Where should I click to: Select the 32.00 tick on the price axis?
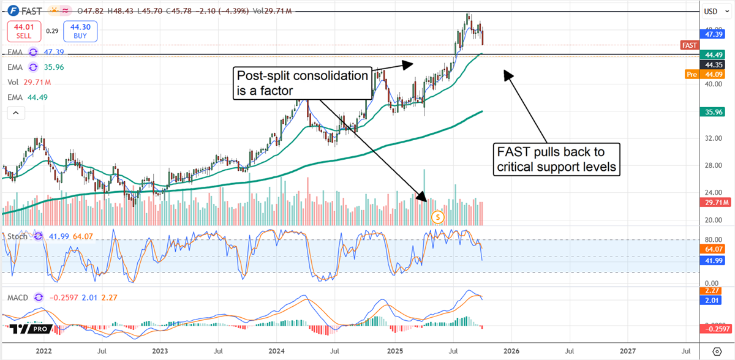pos(710,138)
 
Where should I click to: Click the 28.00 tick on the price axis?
pos(710,166)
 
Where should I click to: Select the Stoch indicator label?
pos(17,236)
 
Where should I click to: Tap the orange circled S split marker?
pos(437,216)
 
